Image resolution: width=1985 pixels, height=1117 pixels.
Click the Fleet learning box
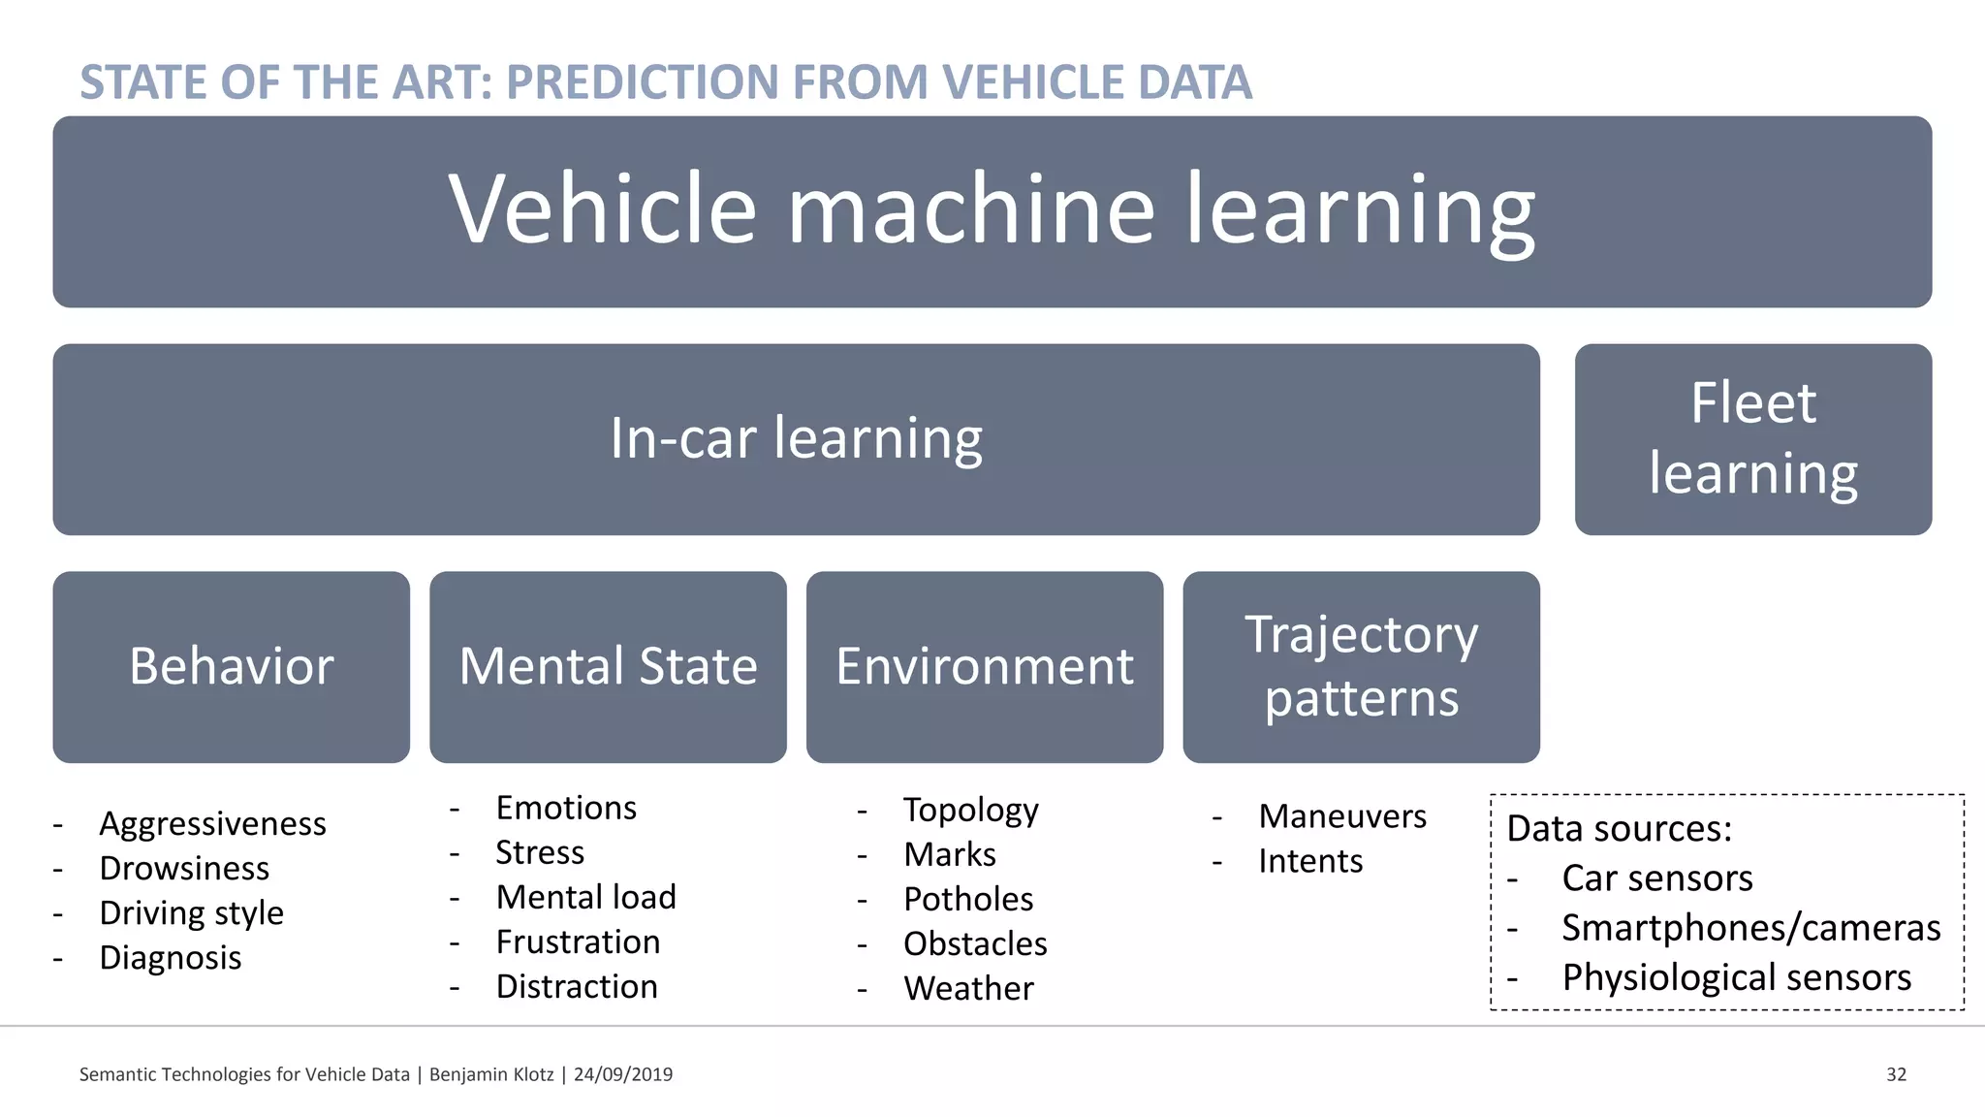click(1752, 439)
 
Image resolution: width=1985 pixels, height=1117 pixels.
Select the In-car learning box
click(796, 439)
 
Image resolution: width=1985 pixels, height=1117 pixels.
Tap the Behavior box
click(231, 667)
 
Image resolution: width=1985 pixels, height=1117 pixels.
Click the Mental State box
click(608, 667)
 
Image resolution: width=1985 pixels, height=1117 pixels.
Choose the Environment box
click(984, 667)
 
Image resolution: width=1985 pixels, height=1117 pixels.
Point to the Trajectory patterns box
click(1361, 667)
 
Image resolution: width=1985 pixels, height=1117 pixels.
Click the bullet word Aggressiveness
click(212, 824)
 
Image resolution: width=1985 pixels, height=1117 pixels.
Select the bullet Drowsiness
click(184, 869)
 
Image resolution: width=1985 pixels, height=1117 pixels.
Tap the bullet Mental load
click(585, 898)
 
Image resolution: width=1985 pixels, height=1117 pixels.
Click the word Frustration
click(578, 942)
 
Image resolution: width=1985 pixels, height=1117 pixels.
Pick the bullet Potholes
click(967, 900)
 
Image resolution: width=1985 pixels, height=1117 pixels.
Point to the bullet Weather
click(967, 989)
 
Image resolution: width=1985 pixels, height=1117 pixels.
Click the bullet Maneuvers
click(1341, 817)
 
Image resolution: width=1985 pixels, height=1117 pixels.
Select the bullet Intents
click(1309, 862)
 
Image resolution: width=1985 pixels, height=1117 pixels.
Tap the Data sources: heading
click(1619, 829)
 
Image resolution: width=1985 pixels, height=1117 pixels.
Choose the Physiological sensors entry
click(1736, 978)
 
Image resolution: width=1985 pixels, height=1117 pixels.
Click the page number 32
click(1896, 1074)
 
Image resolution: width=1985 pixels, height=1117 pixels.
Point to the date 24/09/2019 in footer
click(622, 1074)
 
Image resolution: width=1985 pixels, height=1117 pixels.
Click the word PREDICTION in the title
click(642, 82)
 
